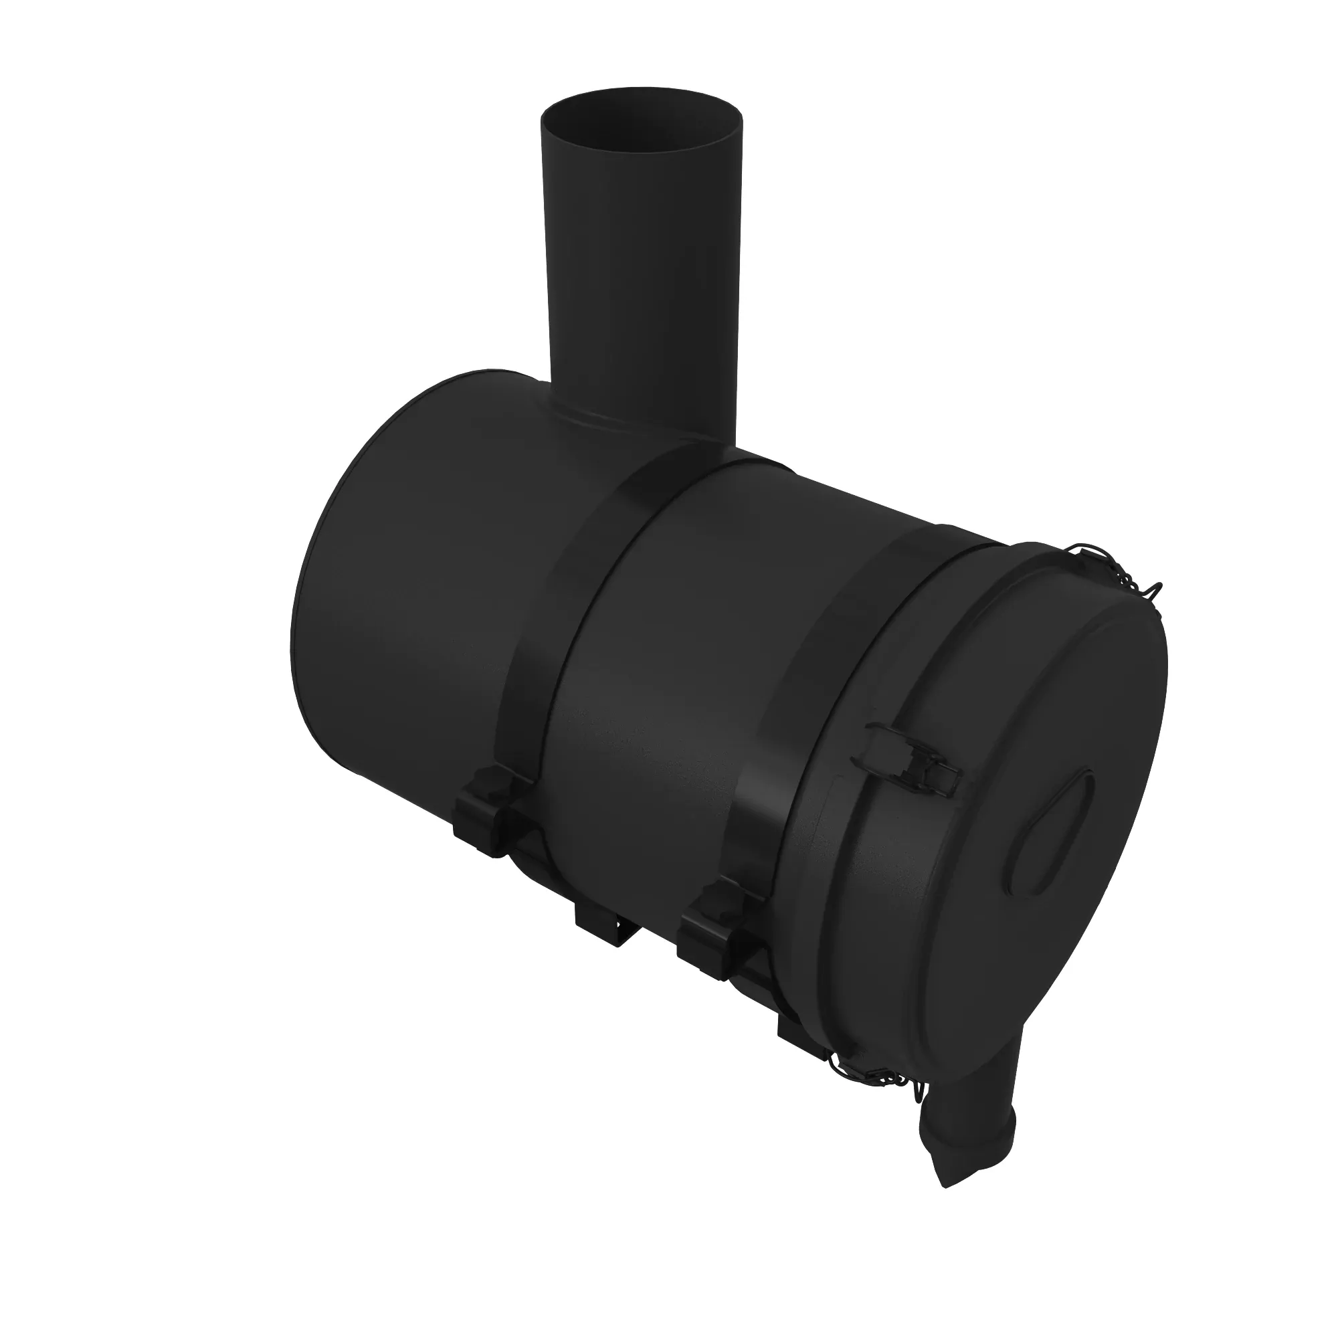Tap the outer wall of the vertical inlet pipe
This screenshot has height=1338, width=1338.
tap(644, 277)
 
